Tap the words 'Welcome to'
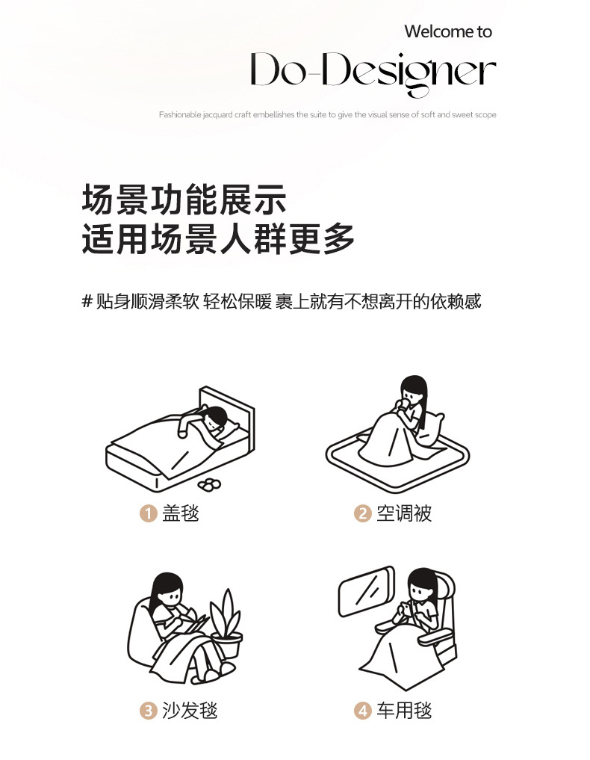[448, 31]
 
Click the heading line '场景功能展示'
[184, 201]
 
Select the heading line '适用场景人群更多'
[218, 239]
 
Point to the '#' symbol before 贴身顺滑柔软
[87, 301]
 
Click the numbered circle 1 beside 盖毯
[148, 513]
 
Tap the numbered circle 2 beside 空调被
[362, 513]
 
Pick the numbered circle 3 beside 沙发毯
[148, 710]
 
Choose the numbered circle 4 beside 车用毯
[362, 710]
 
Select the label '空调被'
[404, 513]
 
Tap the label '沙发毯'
[190, 710]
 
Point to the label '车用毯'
[404, 710]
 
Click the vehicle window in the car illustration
[367, 594]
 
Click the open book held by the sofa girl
[196, 622]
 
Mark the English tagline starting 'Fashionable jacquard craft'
[327, 115]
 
